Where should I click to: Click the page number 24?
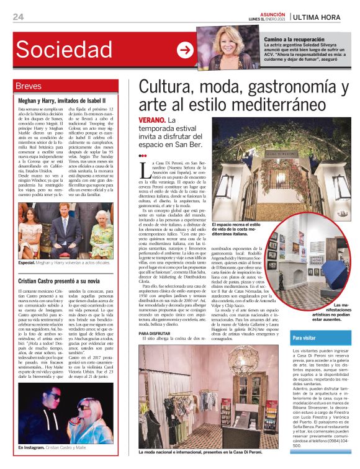coord(18,16)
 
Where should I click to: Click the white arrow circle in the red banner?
coord(185,51)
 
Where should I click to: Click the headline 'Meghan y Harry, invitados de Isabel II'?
coord(62,99)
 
